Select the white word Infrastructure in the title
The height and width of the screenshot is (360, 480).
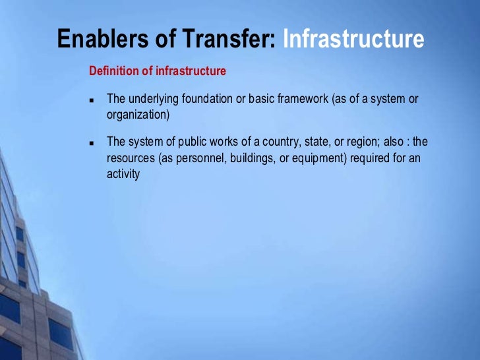coord(353,40)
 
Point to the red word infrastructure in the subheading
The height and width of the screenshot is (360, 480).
coord(191,71)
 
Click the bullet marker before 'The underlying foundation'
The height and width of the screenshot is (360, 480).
coord(92,101)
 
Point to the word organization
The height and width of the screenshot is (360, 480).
coord(136,114)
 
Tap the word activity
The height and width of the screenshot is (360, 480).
coord(123,175)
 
